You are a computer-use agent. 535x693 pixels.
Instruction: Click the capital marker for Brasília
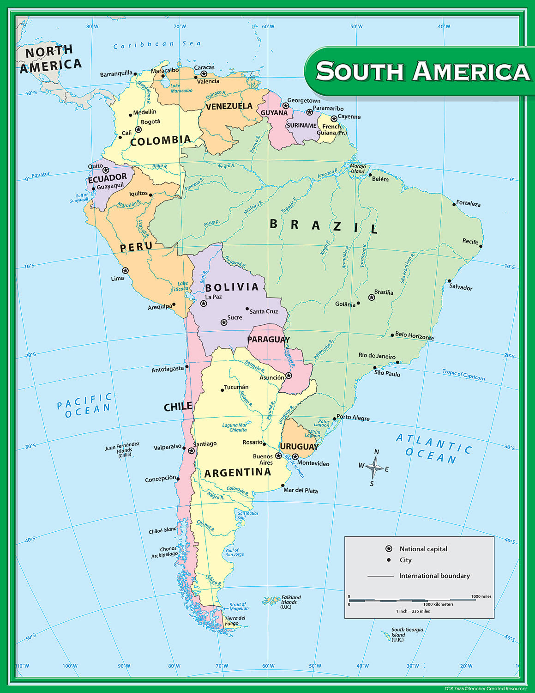tap(372, 297)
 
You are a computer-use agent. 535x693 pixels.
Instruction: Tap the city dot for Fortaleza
tap(454, 204)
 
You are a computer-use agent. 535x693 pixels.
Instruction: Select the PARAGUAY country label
tap(268, 340)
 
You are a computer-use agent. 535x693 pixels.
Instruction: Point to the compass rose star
tap(376, 468)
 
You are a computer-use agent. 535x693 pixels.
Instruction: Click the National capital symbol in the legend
tap(389, 549)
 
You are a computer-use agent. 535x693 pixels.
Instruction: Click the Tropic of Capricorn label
tap(463, 375)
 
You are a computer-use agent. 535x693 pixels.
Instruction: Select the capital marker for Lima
tap(125, 271)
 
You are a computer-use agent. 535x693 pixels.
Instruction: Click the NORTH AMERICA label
tap(49, 59)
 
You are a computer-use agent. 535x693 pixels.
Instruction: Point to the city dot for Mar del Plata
tap(283, 486)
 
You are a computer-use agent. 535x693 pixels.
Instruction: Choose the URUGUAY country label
tap(299, 447)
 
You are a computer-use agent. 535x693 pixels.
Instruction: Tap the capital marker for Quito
tap(106, 170)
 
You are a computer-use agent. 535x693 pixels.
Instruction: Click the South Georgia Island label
tap(407, 634)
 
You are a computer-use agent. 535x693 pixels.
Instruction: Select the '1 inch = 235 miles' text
tap(413, 611)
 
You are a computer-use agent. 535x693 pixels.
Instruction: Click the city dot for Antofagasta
tap(187, 367)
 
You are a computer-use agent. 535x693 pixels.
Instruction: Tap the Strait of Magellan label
tap(239, 607)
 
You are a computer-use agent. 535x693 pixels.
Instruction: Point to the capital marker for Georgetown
tap(286, 106)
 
